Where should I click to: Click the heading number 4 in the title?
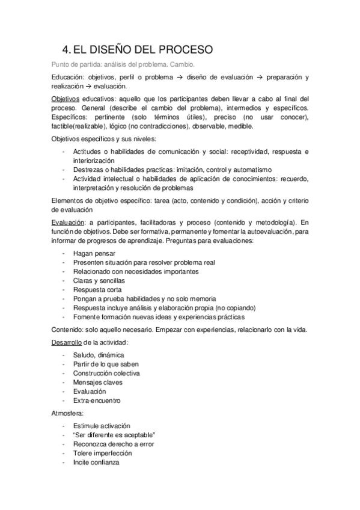pyautogui.click(x=66, y=49)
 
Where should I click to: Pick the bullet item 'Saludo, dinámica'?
pyautogui.click(x=99, y=355)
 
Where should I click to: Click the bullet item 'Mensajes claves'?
pyautogui.click(x=98, y=382)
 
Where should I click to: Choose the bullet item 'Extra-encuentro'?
pyautogui.click(x=97, y=400)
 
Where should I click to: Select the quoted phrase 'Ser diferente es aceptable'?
pyautogui.click(x=114, y=435)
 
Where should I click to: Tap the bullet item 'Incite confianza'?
pyautogui.click(x=96, y=462)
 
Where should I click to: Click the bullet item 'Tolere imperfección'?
pyautogui.click(x=102, y=453)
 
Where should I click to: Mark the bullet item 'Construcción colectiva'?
pyautogui.click(x=106, y=373)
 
